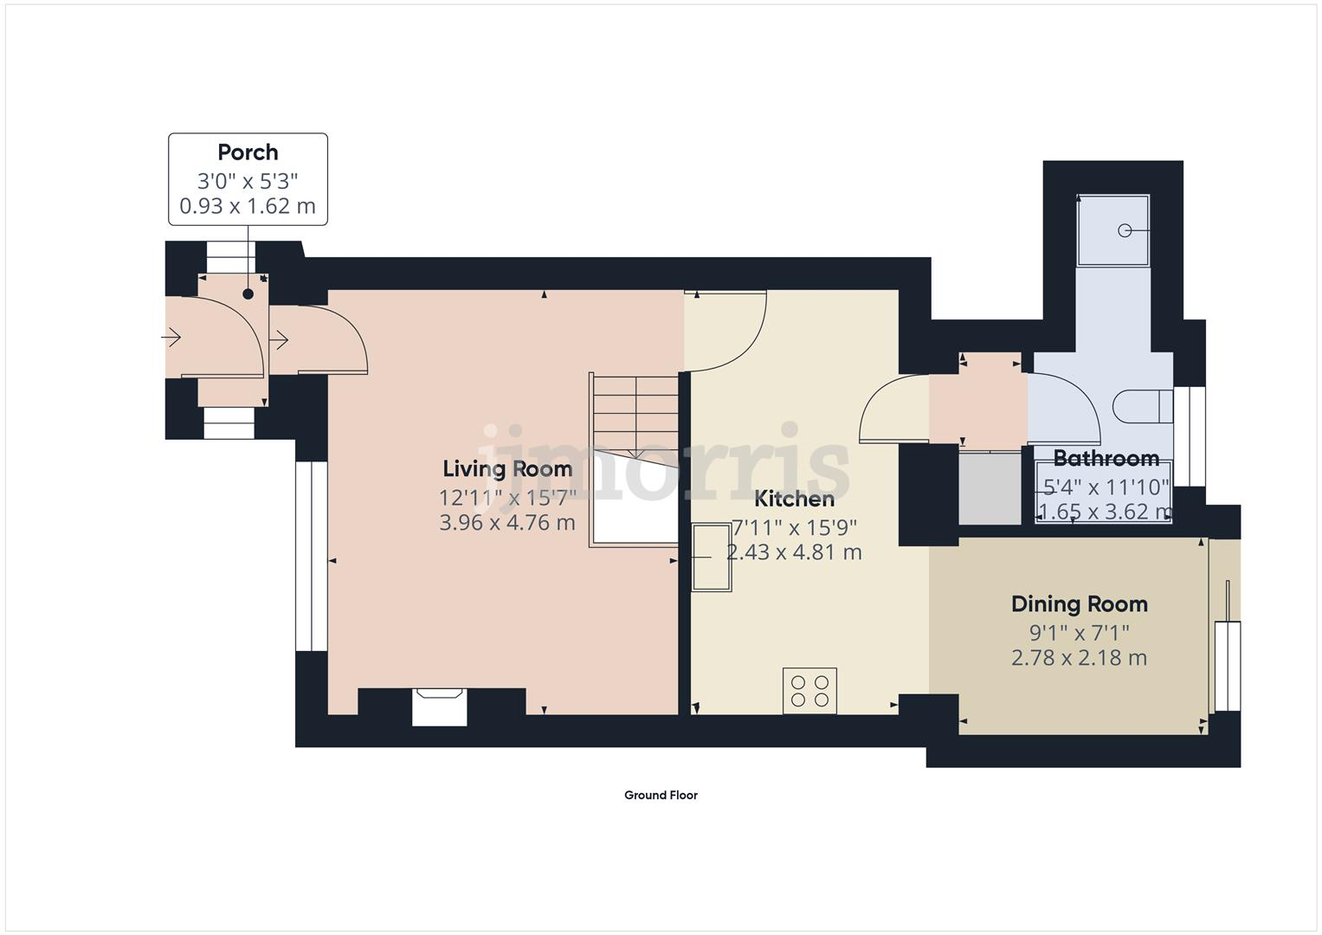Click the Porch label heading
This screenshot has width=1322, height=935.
tap(248, 152)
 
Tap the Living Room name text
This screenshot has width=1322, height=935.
tap(507, 469)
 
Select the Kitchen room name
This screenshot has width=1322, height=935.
tap(794, 500)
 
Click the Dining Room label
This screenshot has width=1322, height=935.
tap(1079, 604)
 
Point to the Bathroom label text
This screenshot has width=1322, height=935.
tap(1106, 459)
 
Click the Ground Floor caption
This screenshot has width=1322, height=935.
tap(661, 796)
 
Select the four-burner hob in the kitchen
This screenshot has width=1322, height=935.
tap(809, 690)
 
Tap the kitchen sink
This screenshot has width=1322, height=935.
tap(711, 558)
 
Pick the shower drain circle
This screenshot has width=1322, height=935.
tap(1125, 230)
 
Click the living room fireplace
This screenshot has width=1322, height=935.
tap(440, 706)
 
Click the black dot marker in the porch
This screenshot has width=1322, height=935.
tap(248, 294)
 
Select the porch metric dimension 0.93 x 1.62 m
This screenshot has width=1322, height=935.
tap(248, 207)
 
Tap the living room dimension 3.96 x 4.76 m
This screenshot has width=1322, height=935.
tap(507, 524)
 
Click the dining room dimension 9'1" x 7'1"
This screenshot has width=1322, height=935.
tap(1079, 632)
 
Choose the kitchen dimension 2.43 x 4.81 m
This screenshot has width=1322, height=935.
tap(794, 553)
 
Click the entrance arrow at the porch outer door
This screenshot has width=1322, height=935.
tap(171, 337)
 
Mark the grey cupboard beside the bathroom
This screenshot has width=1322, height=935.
tap(990, 487)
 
